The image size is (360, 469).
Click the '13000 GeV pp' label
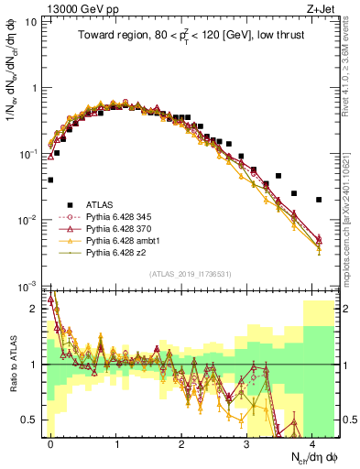(x=82, y=8)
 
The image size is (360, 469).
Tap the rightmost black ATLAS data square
(x=319, y=200)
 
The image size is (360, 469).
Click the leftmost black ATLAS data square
(x=51, y=180)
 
